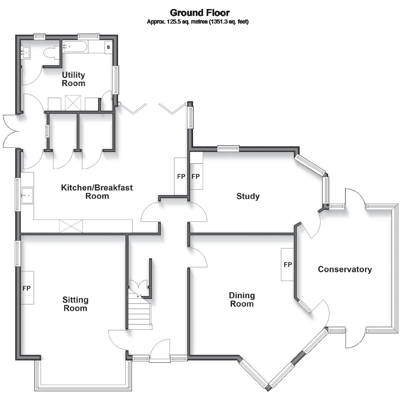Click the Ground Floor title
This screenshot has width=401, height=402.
click(200, 12)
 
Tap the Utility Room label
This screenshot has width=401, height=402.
click(73, 79)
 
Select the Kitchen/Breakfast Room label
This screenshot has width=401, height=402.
click(97, 191)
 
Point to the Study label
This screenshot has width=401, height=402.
click(248, 196)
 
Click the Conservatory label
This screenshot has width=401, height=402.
click(345, 269)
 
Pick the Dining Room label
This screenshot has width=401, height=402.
click(242, 299)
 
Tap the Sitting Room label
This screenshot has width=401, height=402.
click(75, 303)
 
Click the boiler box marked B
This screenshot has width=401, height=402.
click(109, 47)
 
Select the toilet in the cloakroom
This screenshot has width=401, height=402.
click(51, 53)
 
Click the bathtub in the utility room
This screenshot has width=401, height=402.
click(75, 46)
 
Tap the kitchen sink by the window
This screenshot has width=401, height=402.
click(27, 196)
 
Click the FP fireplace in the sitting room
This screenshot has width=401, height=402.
click(27, 288)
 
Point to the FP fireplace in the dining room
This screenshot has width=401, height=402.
click(287, 264)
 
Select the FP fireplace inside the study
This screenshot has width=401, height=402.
click(196, 177)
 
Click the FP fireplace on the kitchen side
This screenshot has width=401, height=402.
click(181, 177)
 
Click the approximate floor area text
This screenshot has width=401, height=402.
click(198, 22)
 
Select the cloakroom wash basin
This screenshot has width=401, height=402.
click(25, 53)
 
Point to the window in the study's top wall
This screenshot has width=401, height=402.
click(228, 148)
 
